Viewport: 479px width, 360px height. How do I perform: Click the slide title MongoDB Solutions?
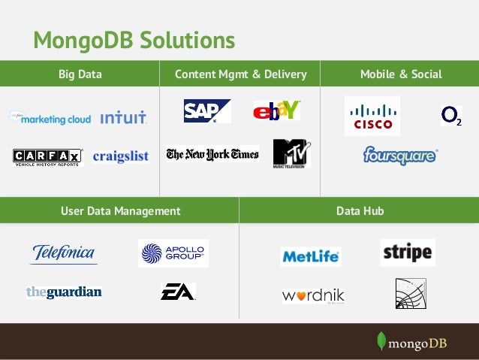coord(134,39)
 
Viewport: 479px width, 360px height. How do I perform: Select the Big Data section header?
coord(80,74)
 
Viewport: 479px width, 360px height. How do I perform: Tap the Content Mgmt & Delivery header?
coord(240,74)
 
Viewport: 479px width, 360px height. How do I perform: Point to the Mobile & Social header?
coord(401,74)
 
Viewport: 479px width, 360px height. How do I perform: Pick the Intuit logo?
coord(123,118)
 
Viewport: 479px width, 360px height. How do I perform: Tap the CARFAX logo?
coord(47,156)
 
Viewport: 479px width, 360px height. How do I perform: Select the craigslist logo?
coord(121,156)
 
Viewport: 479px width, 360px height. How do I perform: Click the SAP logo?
coord(206,111)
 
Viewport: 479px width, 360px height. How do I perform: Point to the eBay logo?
coord(276,110)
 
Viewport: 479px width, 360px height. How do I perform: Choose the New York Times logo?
coord(212,154)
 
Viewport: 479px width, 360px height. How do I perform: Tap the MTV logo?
coord(291,153)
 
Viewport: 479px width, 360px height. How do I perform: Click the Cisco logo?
coord(372,116)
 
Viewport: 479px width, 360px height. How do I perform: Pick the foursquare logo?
coord(400,156)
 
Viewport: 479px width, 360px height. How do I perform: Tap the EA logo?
coord(178,292)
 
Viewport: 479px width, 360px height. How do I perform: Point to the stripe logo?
coord(408,253)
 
